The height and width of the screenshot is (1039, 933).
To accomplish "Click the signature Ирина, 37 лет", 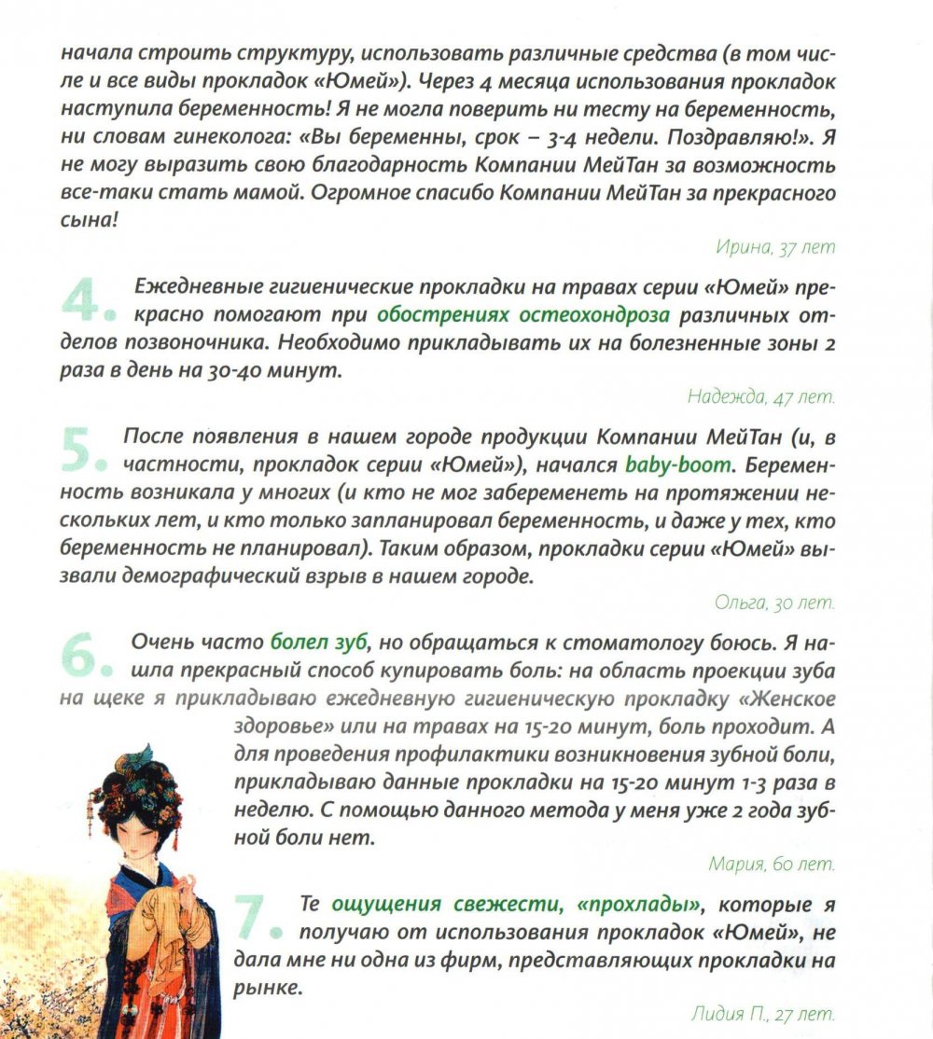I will [x=774, y=247].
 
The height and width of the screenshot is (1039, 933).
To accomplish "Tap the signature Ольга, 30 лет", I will [x=774, y=603].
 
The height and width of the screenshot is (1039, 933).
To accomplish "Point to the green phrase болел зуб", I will [x=319, y=643].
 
